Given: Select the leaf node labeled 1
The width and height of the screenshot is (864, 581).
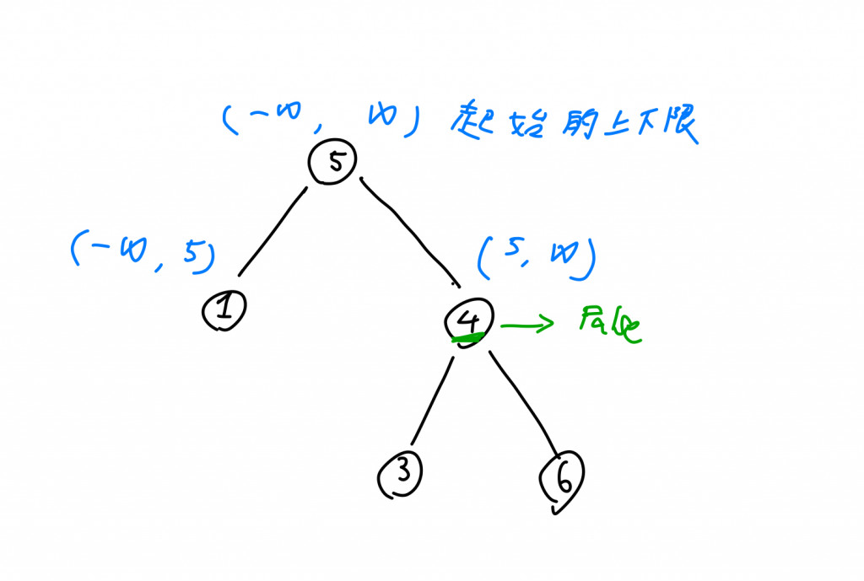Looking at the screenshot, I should pyautogui.click(x=224, y=310).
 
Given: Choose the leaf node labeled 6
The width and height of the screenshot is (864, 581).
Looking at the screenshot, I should pyautogui.click(x=561, y=482).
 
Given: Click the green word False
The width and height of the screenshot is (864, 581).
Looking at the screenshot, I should pyautogui.click(x=609, y=325).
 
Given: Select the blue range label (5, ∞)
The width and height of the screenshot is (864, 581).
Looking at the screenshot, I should pyautogui.click(x=537, y=257).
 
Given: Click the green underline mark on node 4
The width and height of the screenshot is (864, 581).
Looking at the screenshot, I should pyautogui.click(x=467, y=339).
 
